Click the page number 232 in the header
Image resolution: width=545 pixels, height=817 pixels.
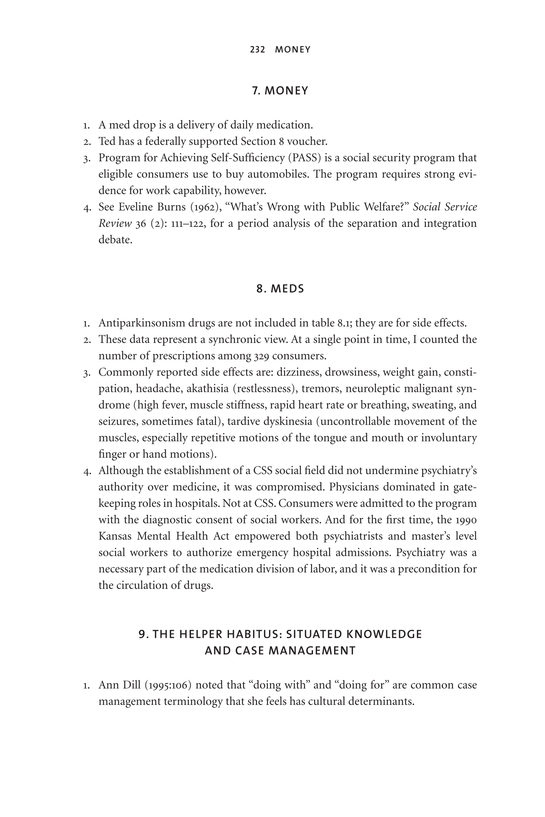(257, 50)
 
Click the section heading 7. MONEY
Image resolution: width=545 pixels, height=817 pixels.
(280, 91)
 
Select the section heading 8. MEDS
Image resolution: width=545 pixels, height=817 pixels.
(280, 289)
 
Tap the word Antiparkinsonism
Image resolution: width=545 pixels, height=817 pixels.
(142, 323)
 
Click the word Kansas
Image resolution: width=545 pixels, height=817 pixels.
(115, 536)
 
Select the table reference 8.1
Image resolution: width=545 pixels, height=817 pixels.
(344, 323)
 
